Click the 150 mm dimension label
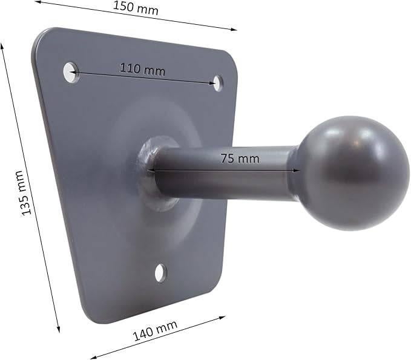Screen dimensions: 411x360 click(x=136, y=8)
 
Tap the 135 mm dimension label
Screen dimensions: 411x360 click(x=25, y=193)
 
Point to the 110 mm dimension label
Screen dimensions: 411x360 click(x=142, y=69)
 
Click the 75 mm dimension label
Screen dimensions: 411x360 click(x=240, y=159)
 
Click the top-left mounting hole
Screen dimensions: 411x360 click(x=71, y=73)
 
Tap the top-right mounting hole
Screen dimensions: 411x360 click(x=218, y=83)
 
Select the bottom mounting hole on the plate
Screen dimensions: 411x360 click(x=160, y=273)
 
